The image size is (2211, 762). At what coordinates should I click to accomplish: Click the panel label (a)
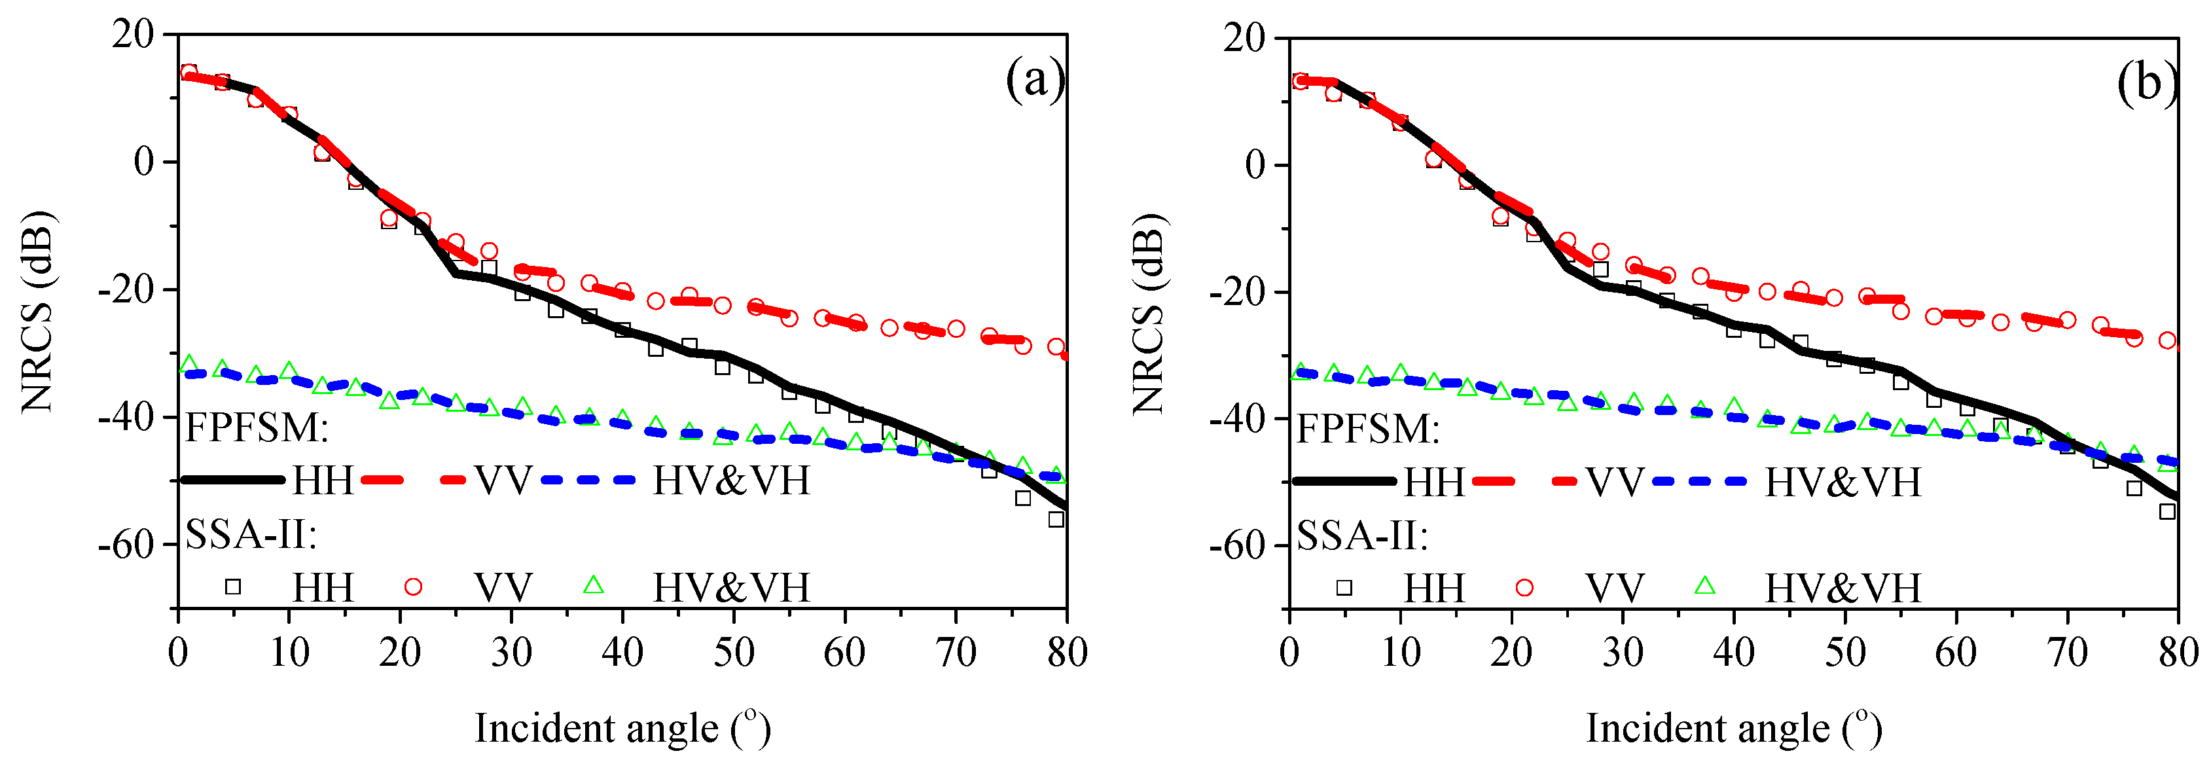pyautogui.click(x=1035, y=82)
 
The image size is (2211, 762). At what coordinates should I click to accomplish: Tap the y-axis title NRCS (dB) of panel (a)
pyautogui.click(x=38, y=311)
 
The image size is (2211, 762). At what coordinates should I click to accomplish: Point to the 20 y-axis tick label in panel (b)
pyautogui.click(x=1243, y=39)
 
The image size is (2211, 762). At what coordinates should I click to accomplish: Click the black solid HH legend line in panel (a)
pyautogui.click(x=232, y=480)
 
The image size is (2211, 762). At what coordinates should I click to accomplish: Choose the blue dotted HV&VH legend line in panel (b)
pyautogui.click(x=1699, y=481)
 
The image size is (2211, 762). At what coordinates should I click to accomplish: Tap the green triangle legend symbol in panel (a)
pyautogui.click(x=593, y=586)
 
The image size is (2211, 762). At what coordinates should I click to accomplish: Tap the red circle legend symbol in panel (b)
pyautogui.click(x=1524, y=587)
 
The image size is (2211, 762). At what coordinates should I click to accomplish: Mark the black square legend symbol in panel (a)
pyautogui.click(x=232, y=587)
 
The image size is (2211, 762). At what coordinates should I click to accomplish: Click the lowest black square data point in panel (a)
pyautogui.click(x=1056, y=519)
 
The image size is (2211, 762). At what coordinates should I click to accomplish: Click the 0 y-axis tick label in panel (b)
pyautogui.click(x=1255, y=165)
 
